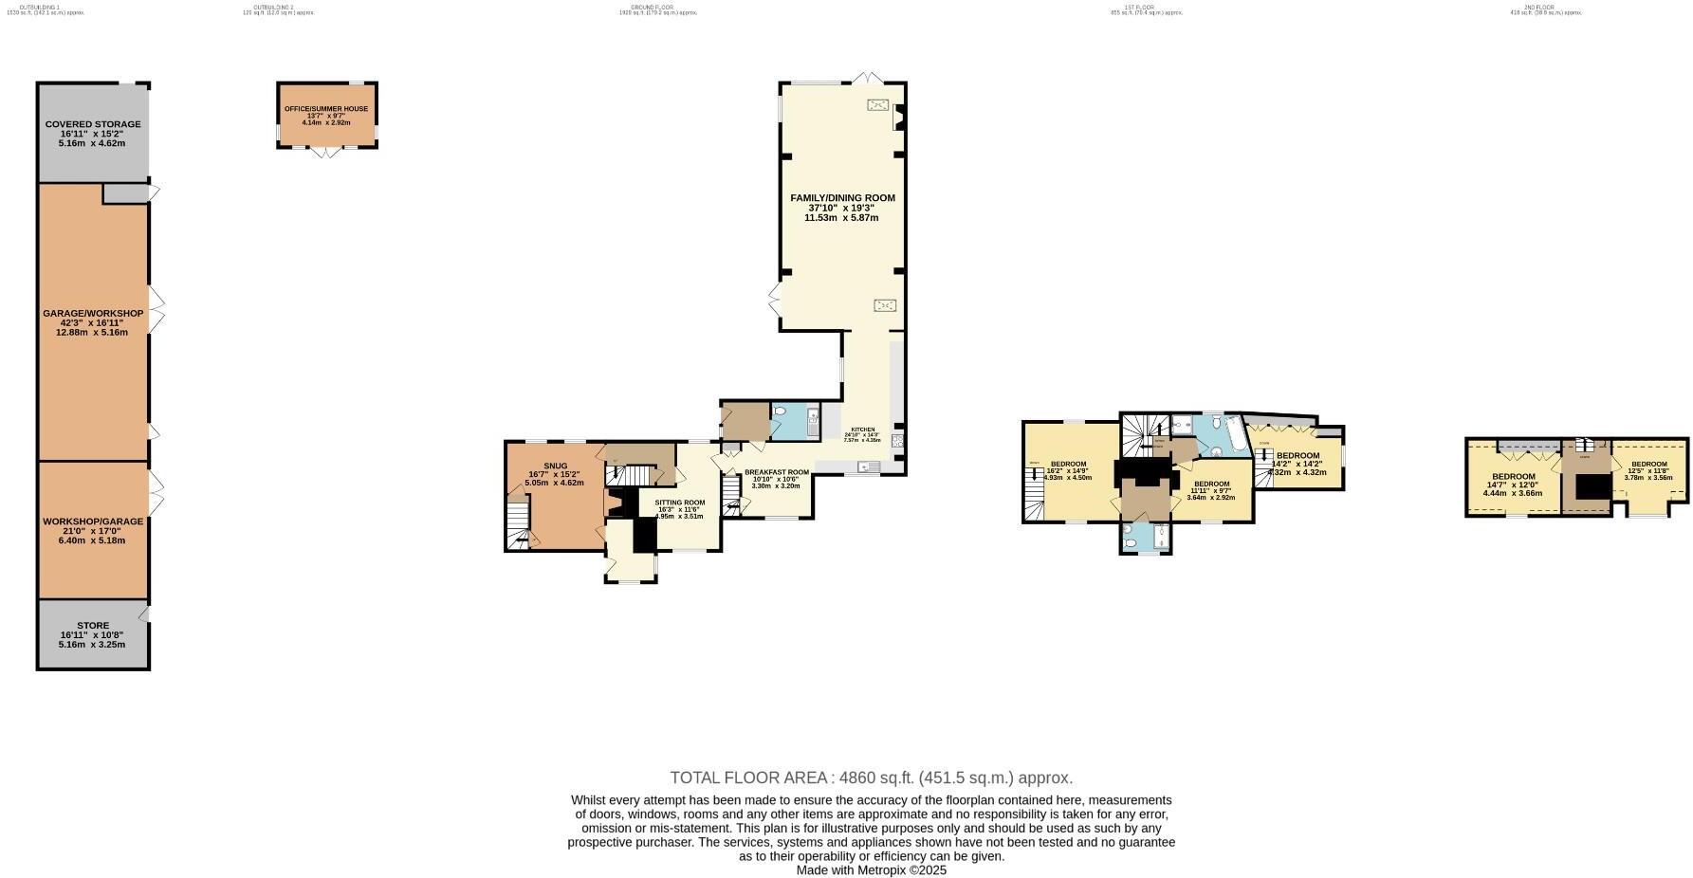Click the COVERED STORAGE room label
pyautogui.click(x=93, y=124)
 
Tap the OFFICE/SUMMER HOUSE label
pyautogui.click(x=326, y=109)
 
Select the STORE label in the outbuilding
pyautogui.click(x=93, y=626)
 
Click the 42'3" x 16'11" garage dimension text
pyautogui.click(x=93, y=323)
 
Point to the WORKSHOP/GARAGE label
pyautogui.click(x=93, y=521)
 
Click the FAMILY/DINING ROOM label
pyautogui.click(x=842, y=198)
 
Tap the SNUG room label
pyautogui.click(x=555, y=466)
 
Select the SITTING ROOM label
pyautogui.click(x=680, y=503)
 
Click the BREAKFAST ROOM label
pyautogui.click(x=776, y=472)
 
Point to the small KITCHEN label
pyautogui.click(x=862, y=430)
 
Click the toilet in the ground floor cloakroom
pyautogui.click(x=780, y=412)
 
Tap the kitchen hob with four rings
pyautogui.click(x=897, y=441)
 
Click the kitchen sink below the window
pyautogui.click(x=866, y=466)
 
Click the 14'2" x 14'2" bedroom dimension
pyautogui.click(x=1297, y=464)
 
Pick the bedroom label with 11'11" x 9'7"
pyautogui.click(x=1211, y=485)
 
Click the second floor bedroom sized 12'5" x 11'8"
pyautogui.click(x=1648, y=465)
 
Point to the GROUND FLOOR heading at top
pyautogui.click(x=652, y=8)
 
